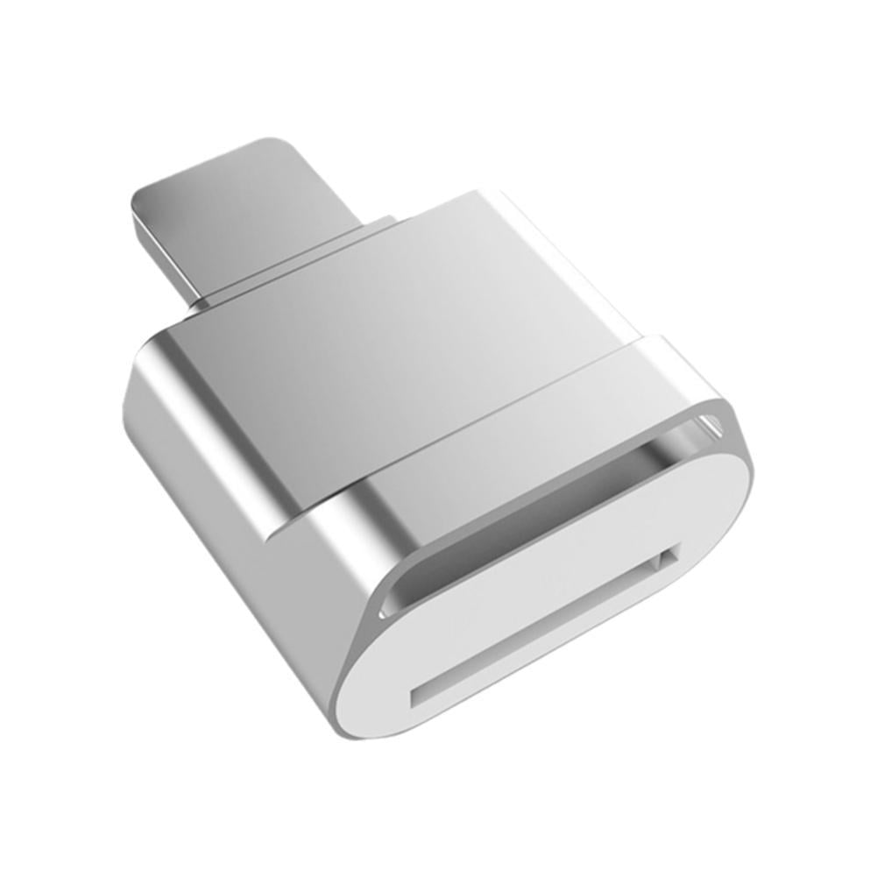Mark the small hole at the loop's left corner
pyautogui.click(x=388, y=605)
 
